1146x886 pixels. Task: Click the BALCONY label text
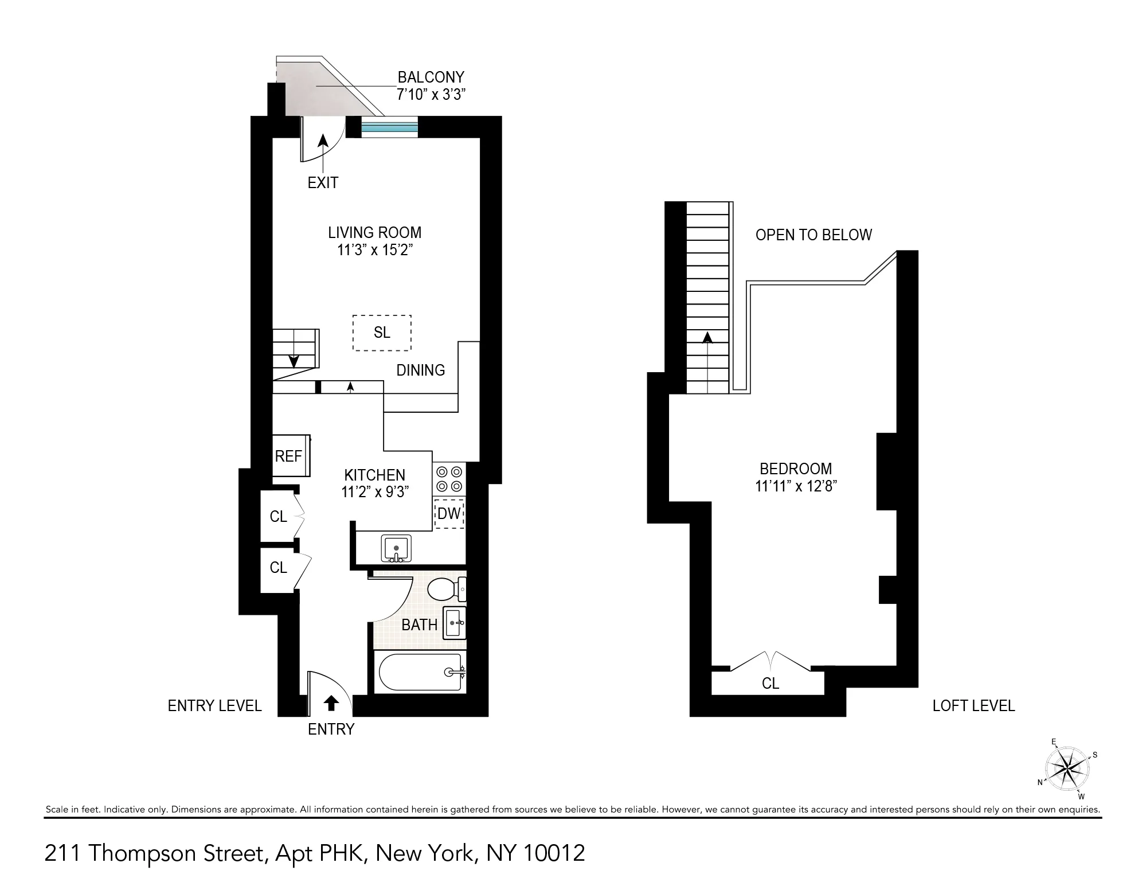[431, 77]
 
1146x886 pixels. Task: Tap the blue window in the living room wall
[389, 127]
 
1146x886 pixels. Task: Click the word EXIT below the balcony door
[323, 183]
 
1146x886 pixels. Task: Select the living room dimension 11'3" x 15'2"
[375, 250]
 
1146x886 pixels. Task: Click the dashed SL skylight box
[382, 333]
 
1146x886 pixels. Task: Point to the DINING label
[420, 370]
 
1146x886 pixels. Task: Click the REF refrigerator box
[290, 456]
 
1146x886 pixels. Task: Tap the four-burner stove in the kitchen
[449, 479]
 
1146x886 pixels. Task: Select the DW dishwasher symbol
[449, 514]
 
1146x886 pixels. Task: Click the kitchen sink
[396, 549]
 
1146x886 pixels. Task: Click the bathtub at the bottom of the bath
[421, 672]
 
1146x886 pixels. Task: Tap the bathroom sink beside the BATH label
[455, 623]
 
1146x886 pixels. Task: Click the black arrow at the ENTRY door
[331, 702]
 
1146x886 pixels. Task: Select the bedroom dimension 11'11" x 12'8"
[796, 486]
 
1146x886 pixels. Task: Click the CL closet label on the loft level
[770, 683]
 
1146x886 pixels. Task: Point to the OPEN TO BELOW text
[813, 235]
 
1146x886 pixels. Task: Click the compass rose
[1066, 769]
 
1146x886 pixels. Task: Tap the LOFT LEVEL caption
[973, 706]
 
